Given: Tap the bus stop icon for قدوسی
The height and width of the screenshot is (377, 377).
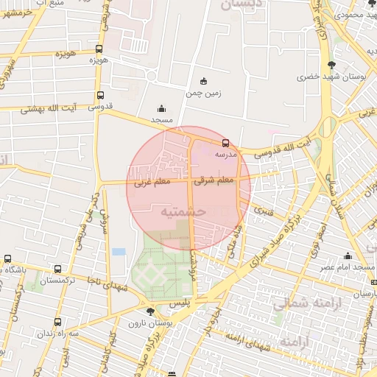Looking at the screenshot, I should coord(100,95).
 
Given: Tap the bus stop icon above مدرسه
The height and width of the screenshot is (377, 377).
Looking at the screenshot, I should coord(225,144).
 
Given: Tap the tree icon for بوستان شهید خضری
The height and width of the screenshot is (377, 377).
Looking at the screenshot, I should coord(329,65).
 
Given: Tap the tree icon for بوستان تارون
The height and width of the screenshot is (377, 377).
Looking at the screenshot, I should coord(150,311).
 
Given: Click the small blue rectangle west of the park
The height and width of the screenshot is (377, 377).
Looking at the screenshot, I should coord(119,252).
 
